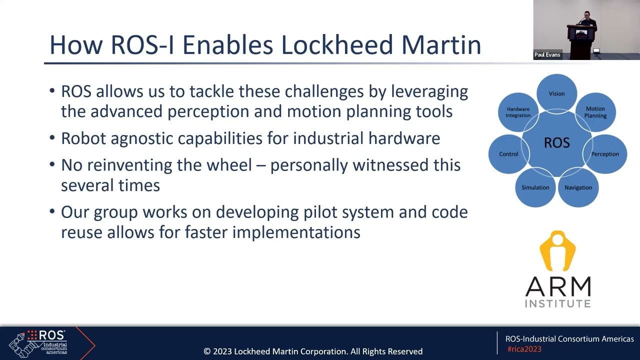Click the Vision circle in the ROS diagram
point(556,93)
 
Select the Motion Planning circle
point(595,112)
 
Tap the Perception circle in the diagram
point(605,154)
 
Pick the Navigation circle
point(578,187)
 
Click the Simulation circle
point(535,187)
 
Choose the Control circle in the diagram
point(508,154)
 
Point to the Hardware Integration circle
point(518,112)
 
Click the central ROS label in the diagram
point(556,143)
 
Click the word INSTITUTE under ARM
point(557,303)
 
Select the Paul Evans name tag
point(547,55)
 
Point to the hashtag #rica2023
point(524,349)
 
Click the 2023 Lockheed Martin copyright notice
point(313,351)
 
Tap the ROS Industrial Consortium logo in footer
point(45,342)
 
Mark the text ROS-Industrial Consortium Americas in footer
point(569,339)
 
